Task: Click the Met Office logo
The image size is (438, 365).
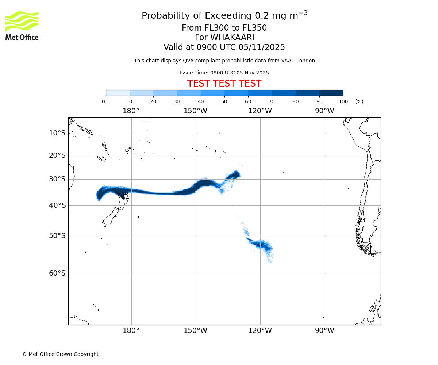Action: pos(22,26)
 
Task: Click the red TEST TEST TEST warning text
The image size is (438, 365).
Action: pos(224,84)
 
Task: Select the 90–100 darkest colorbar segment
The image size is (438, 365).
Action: pos(331,93)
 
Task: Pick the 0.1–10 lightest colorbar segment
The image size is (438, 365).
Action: pos(118,93)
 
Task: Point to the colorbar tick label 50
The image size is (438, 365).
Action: pos(224,101)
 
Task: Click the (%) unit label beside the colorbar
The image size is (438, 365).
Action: pos(359,101)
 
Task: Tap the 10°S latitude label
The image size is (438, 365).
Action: pos(57,133)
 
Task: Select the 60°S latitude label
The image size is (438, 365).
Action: pos(57,273)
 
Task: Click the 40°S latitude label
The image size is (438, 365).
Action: pos(57,205)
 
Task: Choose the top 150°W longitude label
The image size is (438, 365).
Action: pos(195,111)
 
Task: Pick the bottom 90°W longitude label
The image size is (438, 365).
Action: pos(324,331)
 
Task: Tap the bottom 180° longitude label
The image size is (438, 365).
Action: pos(131,331)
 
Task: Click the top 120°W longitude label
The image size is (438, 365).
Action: pos(260,111)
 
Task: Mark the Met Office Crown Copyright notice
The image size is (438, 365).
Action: pos(60,354)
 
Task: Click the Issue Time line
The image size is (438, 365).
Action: pos(224,73)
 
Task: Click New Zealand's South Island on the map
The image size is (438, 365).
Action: pos(112,217)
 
